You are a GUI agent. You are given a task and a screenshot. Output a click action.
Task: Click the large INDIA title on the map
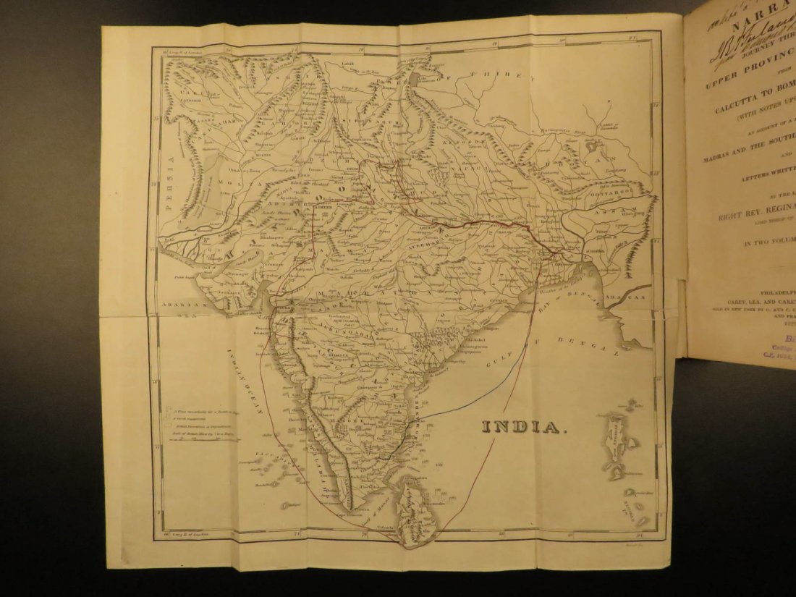tap(521, 427)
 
